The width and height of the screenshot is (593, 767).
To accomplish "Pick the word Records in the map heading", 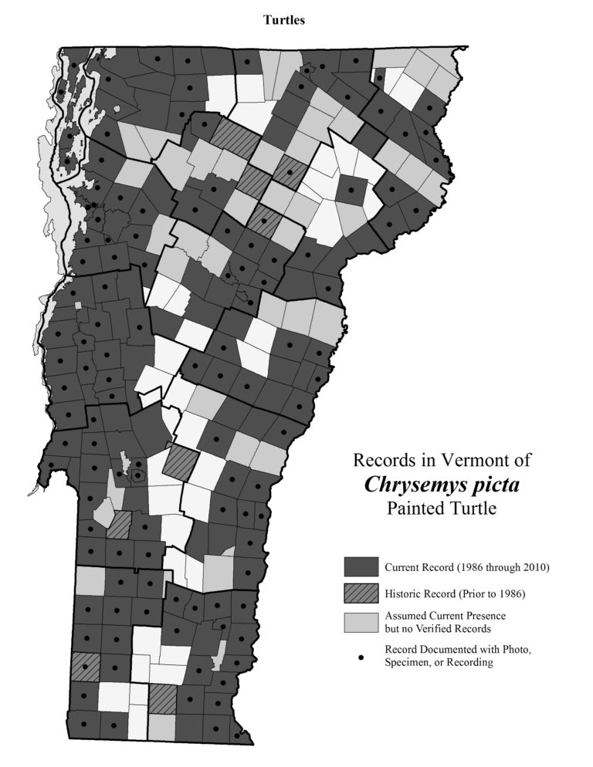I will [x=382, y=461].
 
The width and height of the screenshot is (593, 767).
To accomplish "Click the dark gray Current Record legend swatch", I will [x=361, y=567].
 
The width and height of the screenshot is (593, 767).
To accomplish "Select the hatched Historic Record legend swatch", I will [x=361, y=593].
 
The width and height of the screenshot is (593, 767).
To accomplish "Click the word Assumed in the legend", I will [x=405, y=617].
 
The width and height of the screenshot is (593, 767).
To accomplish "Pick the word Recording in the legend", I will [x=469, y=662].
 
